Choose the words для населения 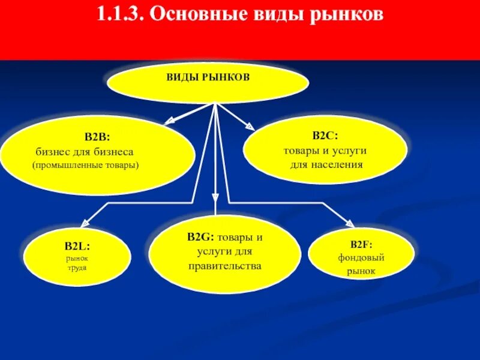326,164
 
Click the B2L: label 77,245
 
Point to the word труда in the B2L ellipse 77,268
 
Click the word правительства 224,265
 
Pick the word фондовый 361,258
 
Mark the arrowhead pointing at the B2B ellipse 170,122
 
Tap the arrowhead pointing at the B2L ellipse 85,221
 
